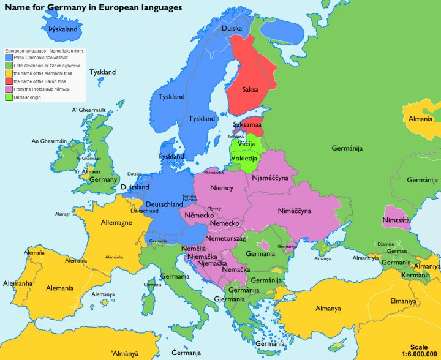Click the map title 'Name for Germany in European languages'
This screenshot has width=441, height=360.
pos(93,8)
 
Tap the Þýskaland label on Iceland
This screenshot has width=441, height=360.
pos(62,29)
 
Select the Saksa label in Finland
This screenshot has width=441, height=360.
pos(250,89)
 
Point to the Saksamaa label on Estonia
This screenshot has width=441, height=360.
pos(247,124)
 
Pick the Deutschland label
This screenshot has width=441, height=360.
pos(164,204)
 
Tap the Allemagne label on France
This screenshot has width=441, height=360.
pos(116,223)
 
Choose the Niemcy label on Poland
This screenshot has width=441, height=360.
pos(221,188)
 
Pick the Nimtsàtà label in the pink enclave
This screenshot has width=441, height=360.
pos(396,219)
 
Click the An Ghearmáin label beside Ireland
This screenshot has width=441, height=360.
pos(49,141)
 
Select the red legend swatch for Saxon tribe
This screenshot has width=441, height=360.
pos(9,81)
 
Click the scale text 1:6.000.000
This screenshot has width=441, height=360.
pos(420,354)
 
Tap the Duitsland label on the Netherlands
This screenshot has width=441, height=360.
pos(135,187)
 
